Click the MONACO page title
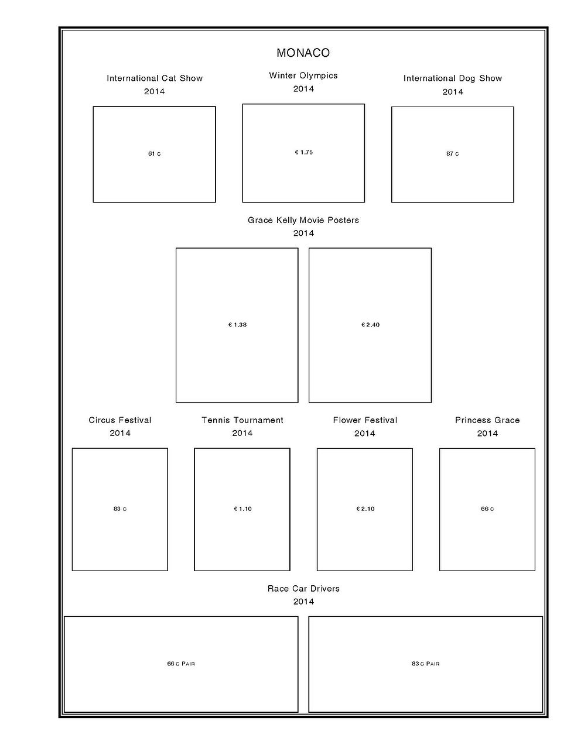[x=303, y=53]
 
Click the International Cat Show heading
[x=155, y=78]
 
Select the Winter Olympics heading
[x=303, y=75]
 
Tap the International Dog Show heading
[x=452, y=78]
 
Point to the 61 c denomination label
[x=155, y=154]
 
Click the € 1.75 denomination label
[x=304, y=152]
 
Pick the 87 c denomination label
[x=453, y=154]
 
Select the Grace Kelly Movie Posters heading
[x=303, y=220]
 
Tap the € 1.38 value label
[x=237, y=325]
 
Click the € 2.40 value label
[x=370, y=325]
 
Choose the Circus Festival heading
[x=120, y=420]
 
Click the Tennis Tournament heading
[x=242, y=420]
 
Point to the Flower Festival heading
[x=365, y=420]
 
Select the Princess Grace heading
[x=487, y=420]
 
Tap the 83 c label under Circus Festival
[x=120, y=509]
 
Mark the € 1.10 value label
[x=242, y=509]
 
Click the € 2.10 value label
[x=365, y=509]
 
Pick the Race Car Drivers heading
[x=303, y=589]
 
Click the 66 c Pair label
[x=181, y=664]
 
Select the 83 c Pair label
[x=425, y=664]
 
